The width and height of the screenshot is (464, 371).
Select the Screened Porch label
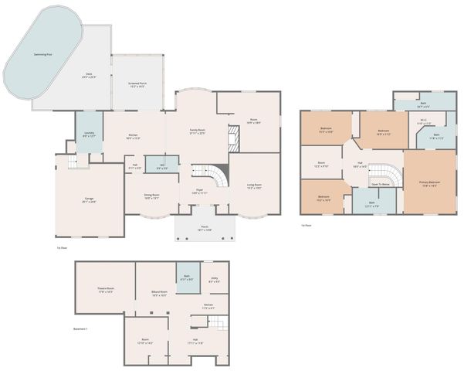coord(138,85)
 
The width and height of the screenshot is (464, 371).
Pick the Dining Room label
coord(151,196)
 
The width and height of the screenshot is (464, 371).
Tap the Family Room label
coord(197,131)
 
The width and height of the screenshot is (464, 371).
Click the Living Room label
coord(253,186)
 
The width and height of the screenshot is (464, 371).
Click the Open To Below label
coord(380,185)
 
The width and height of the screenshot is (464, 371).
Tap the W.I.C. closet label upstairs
coord(424,121)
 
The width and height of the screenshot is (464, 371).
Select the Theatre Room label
coord(105,291)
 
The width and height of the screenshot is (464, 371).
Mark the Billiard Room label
coord(160,293)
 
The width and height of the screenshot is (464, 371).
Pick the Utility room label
coord(215,281)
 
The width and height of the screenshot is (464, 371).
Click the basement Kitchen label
coord(208,307)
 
